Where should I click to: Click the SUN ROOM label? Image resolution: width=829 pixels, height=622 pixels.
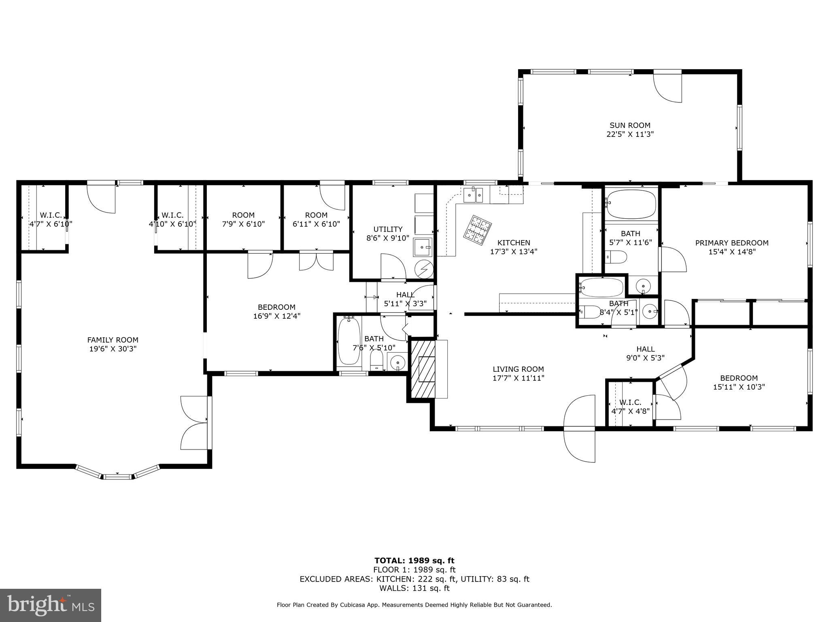pos(630,125)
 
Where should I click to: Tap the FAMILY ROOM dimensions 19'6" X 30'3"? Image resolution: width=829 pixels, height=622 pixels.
pos(113,349)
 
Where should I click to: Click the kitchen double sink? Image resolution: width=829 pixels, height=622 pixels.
pos(473,195)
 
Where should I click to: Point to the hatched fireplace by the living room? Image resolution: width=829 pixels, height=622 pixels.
pos(423,369)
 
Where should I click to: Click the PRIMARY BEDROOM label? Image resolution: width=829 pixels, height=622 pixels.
pos(731,243)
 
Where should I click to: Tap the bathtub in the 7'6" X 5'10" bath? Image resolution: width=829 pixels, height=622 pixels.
pos(349,341)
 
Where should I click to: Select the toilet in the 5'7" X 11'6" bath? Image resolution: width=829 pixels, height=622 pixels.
pos(616,256)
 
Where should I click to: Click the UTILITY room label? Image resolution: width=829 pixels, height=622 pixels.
pos(388,229)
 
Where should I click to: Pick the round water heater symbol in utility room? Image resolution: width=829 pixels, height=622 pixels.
pos(424,270)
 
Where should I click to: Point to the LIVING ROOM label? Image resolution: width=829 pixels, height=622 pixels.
pos(518,369)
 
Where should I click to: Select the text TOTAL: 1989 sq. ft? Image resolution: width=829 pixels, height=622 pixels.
pos(414,560)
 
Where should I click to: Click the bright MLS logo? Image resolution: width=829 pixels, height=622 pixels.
pos(51,605)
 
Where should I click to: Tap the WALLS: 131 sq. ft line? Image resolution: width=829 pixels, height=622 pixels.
pos(414,588)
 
